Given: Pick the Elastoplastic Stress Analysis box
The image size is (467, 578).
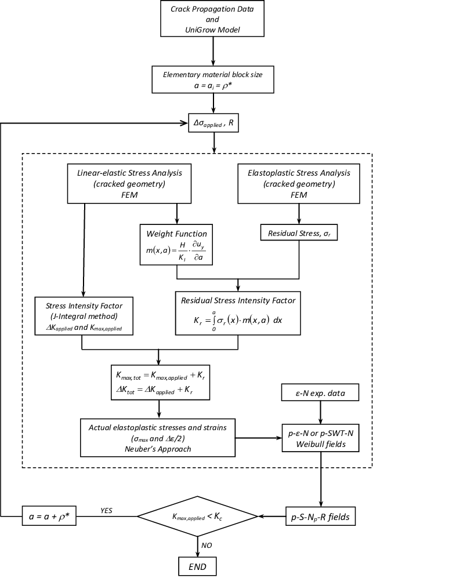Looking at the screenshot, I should [298, 183].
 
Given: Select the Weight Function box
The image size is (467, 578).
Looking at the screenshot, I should [176, 244].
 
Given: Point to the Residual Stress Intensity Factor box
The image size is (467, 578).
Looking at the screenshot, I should [238, 312].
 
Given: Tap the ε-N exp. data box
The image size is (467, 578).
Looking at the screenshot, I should [320, 392].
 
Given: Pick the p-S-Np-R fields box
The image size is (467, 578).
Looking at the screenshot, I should [320, 515].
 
